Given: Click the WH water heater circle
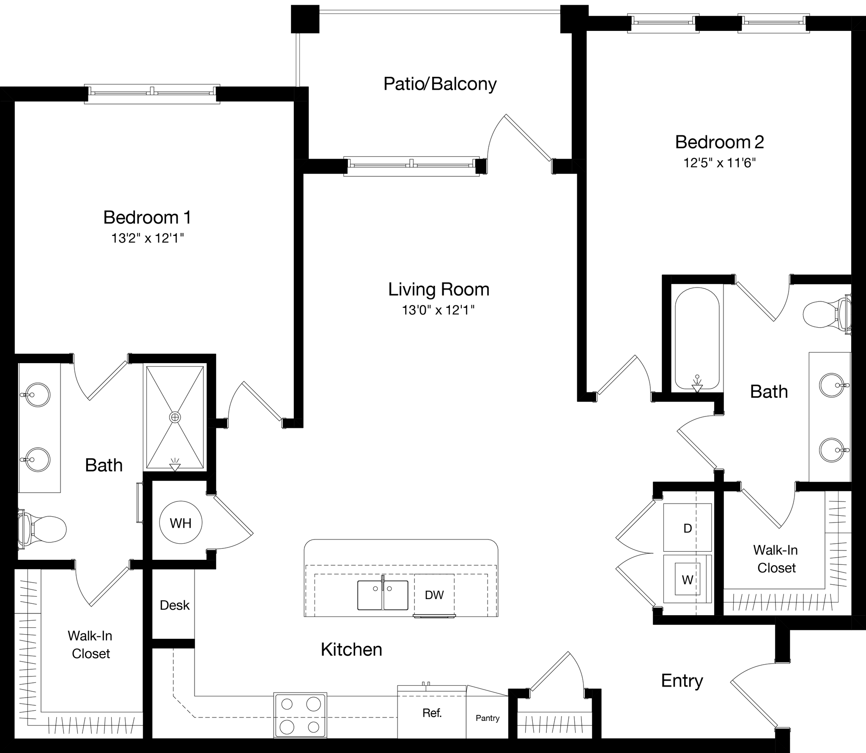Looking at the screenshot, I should coord(181,523).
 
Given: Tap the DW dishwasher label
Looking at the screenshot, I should coord(434,595).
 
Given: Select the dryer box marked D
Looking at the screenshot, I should coord(688,528).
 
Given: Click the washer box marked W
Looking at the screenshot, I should coord(688,580).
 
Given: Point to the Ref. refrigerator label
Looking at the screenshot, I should coord(432,713).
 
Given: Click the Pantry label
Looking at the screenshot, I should coord(487,718).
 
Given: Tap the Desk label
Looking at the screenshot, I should coord(174,605).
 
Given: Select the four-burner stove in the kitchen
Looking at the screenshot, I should coord(300,715).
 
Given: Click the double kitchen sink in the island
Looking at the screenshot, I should coord(383,595).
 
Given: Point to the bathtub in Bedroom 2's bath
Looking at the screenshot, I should coord(697,338).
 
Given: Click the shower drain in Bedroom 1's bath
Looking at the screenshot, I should coord(175,417).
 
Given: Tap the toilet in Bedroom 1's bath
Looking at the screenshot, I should coord(44,529).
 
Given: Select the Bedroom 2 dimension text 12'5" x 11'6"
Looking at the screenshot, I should coord(719,163).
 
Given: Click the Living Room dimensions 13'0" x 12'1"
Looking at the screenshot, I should coord(438,310).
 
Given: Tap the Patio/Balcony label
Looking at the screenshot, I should coord(440,84).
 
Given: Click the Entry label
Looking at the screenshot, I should coord(682,681).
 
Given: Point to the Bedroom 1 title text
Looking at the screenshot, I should coord(147,217).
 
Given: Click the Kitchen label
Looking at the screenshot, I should coord(351,649).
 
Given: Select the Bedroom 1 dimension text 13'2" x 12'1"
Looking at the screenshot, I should coord(148,238).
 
